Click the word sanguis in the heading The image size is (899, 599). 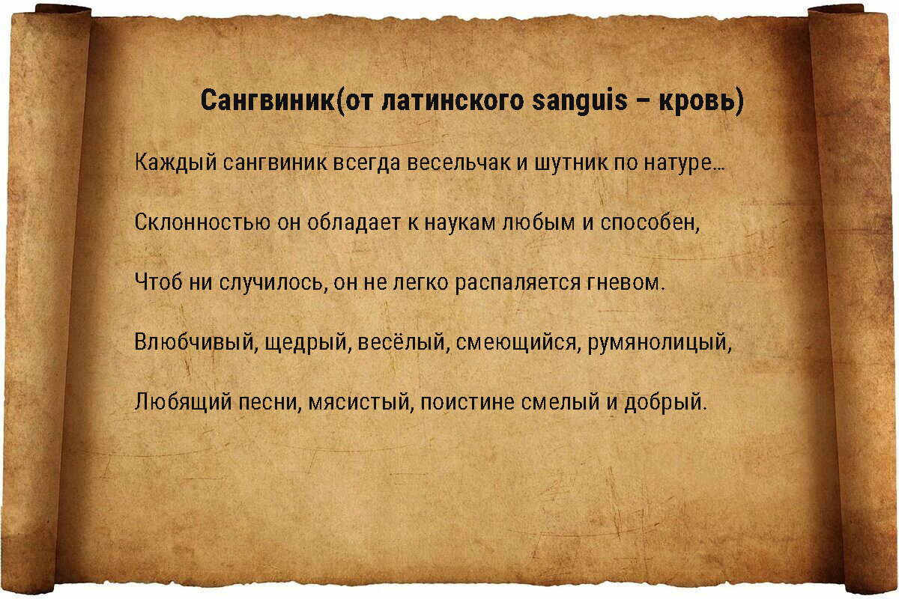[x=579, y=100]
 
